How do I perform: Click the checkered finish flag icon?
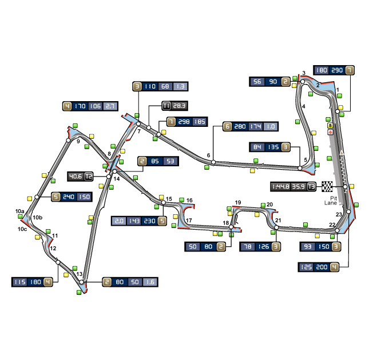[x=327, y=187]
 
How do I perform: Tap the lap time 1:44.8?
[x=281, y=187]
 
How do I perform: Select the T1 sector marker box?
[x=166, y=106]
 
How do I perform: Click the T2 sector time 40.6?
[x=76, y=177]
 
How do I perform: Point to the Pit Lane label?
[x=331, y=201]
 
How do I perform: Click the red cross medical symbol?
[x=331, y=132]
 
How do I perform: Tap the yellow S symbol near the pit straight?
[x=331, y=126]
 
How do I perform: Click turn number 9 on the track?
[x=78, y=142]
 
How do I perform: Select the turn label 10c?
[x=22, y=229]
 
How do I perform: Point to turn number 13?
[x=80, y=274]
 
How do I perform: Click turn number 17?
[x=189, y=221]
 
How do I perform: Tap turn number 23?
[x=339, y=214]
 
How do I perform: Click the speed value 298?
[x=184, y=122]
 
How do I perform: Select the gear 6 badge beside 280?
[x=227, y=126]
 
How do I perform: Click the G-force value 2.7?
[x=110, y=106]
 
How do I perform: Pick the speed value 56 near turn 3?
[x=257, y=82]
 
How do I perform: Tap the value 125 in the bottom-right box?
[x=306, y=267]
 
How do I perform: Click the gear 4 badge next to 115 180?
[x=48, y=282]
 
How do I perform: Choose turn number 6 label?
[x=208, y=155]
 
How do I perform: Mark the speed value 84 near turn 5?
[x=257, y=147]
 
